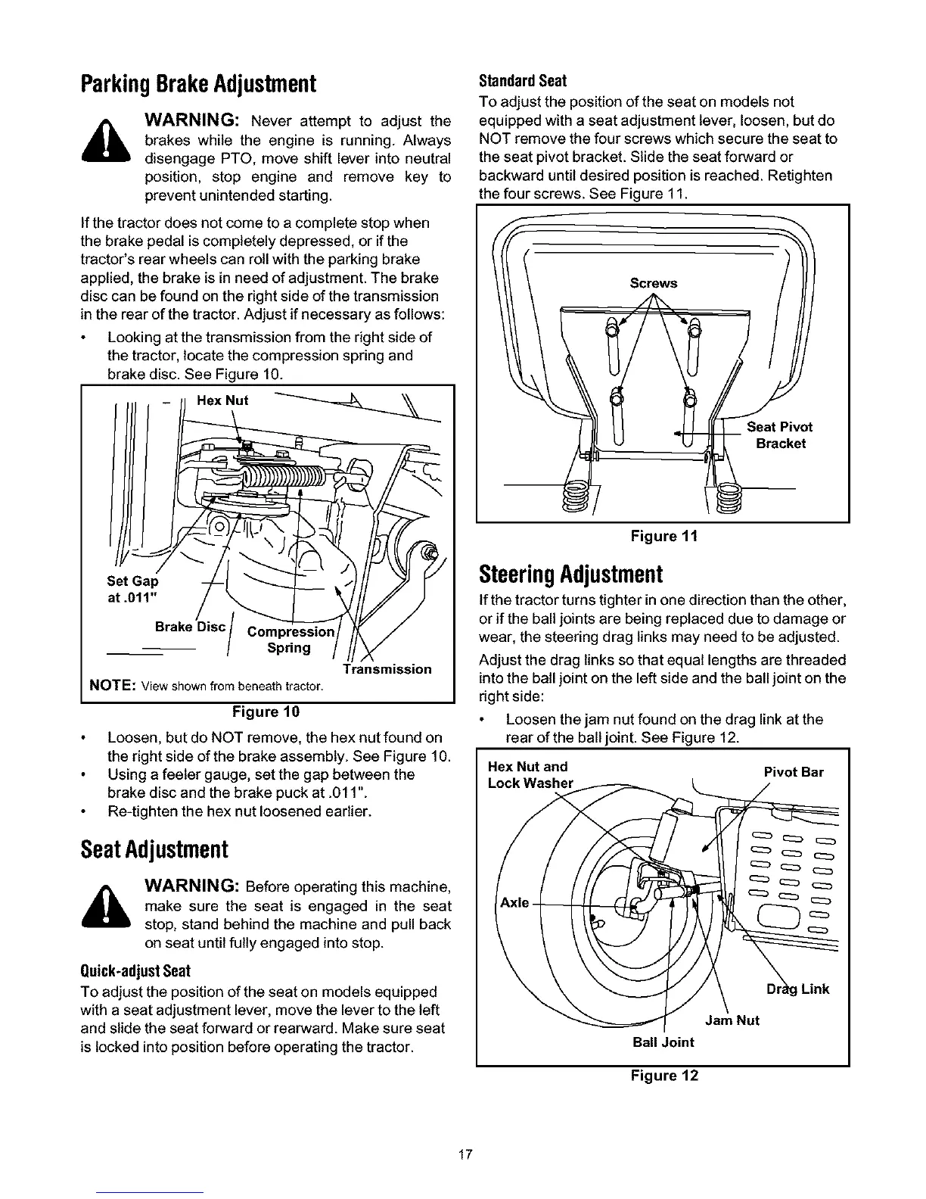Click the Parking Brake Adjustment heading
[197, 83]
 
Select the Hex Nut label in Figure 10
[222, 400]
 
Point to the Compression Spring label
[291, 640]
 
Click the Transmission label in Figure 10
[387, 669]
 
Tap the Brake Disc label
[190, 627]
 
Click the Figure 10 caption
[266, 712]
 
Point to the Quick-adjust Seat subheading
[135, 971]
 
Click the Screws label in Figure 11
[654, 283]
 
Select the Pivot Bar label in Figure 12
[794, 772]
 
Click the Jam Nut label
[732, 1020]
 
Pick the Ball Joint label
[663, 1042]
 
